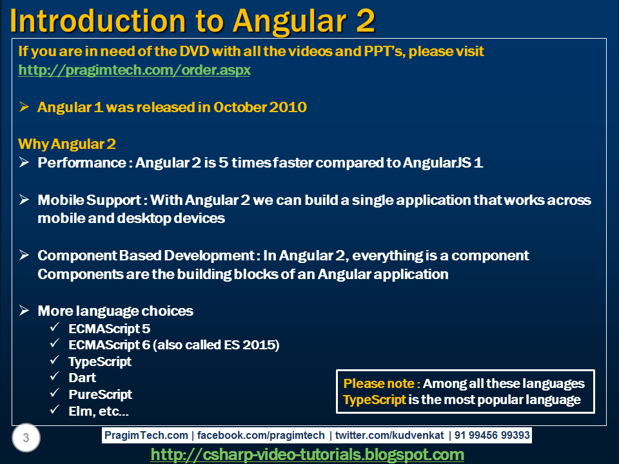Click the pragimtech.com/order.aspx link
(134, 70)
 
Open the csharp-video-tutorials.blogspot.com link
(307, 454)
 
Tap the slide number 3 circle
(26, 438)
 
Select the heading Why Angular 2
(67, 144)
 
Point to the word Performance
(82, 162)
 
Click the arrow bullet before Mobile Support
(24, 200)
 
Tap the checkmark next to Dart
(54, 376)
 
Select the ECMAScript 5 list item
(110, 329)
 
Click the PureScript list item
(101, 394)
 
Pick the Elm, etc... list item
(99, 411)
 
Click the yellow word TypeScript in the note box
(374, 400)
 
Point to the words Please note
(378, 383)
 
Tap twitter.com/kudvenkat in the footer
(389, 435)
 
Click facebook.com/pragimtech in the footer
(260, 435)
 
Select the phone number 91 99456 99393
(492, 435)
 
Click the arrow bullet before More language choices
(24, 311)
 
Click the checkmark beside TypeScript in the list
(54, 360)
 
